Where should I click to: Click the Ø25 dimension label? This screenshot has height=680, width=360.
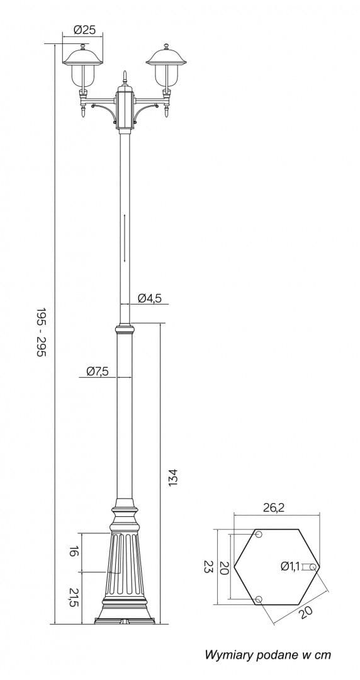click(84, 30)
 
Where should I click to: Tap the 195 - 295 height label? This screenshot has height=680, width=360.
click(41, 332)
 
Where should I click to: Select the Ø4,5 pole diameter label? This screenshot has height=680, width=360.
click(150, 298)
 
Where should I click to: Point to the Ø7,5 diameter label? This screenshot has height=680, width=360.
click(97, 371)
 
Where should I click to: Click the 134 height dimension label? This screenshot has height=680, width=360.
click(174, 477)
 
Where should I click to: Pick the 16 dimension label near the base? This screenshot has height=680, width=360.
click(74, 552)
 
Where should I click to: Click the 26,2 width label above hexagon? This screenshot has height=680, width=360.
click(274, 508)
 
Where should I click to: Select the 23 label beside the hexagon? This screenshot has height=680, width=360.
click(208, 567)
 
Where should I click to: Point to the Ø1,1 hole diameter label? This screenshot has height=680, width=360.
click(290, 566)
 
